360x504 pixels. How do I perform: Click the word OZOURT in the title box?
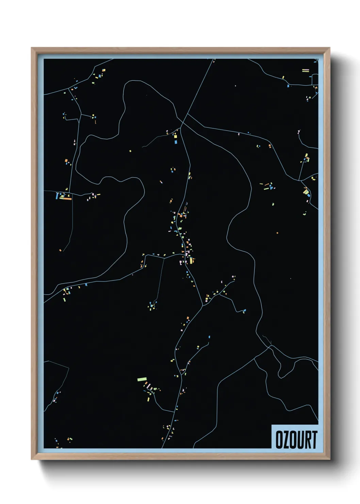click(296, 440)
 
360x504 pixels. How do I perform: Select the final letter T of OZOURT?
click(314, 440)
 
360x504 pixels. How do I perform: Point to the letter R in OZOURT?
click(308, 440)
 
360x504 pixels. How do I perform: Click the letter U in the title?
click(301, 440)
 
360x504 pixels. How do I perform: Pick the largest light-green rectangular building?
click(142, 379)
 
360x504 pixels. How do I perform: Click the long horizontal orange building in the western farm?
click(66, 199)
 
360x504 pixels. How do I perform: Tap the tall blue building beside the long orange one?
click(57, 195)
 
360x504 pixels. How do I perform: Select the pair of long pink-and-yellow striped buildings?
click(305, 70)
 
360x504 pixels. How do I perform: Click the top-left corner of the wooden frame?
click(32, 48)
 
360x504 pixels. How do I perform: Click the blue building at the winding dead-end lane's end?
click(244, 311)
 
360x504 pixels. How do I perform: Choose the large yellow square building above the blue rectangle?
click(176, 137)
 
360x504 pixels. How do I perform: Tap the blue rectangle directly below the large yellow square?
click(176, 141)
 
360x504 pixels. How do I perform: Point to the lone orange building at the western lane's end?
click(60, 250)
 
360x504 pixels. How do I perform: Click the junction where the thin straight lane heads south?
click(165, 258)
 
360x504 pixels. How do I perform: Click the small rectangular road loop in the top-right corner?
click(315, 81)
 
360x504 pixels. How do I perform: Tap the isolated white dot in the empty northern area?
click(235, 86)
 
